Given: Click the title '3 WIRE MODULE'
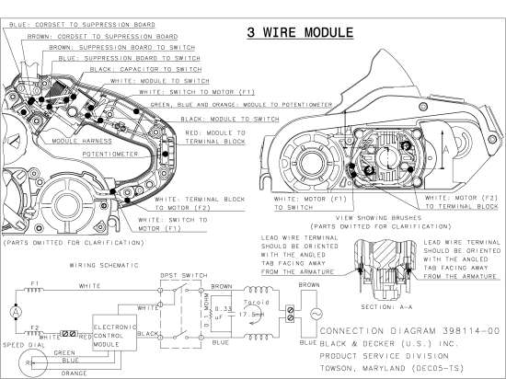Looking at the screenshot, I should [299, 33].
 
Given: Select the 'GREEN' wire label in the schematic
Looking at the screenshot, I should [64, 352].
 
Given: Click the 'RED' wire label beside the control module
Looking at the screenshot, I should [85, 338].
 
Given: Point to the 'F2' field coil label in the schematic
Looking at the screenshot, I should [35, 327].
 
